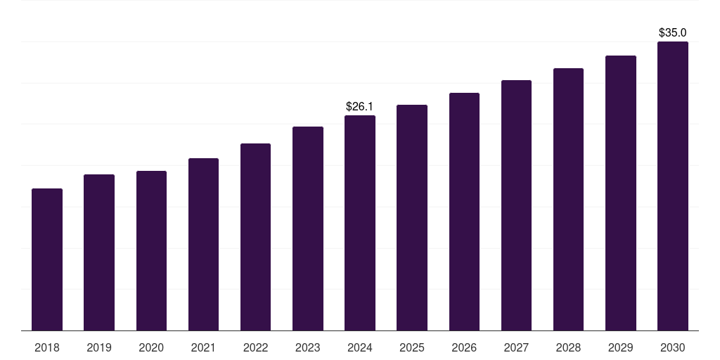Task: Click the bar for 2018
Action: coord(47,259)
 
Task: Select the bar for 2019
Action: coord(99,252)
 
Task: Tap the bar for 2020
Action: coord(151,250)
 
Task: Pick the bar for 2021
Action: coord(203,244)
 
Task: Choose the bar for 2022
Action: coord(255,237)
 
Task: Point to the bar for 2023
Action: coord(308,229)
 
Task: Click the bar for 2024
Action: coord(360,223)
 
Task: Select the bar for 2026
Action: coord(464,212)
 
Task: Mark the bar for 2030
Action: coord(673,186)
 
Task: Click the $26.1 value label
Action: coord(359,106)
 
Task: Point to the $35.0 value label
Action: coord(672,32)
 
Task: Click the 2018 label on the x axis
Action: coord(47,347)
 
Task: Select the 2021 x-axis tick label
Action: coord(203,347)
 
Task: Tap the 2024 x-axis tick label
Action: coord(360,347)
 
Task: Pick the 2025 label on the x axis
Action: coord(412,347)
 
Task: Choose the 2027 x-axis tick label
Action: coord(516,347)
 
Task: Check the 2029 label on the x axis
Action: coord(620,347)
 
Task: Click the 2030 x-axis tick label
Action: coord(673,347)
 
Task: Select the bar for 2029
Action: coord(620,193)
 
